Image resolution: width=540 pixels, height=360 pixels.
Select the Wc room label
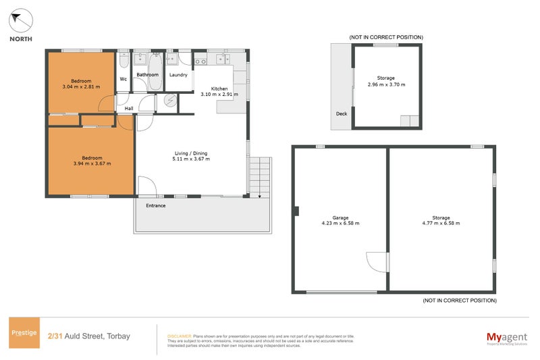124,79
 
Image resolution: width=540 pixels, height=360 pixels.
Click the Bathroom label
147,75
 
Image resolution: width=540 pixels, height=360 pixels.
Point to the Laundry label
178,75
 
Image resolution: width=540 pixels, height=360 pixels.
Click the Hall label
128,107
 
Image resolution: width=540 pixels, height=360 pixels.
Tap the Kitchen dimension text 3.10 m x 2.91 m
219,95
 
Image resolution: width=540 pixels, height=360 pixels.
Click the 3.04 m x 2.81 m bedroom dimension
81,87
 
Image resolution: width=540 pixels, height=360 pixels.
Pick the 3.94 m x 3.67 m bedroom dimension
92,163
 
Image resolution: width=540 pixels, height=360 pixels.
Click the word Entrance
155,205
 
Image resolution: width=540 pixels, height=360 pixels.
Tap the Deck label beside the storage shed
342,113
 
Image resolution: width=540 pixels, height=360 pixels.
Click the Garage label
340,217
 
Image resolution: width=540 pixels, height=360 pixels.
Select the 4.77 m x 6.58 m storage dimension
441,224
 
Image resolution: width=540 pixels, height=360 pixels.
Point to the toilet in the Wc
124,62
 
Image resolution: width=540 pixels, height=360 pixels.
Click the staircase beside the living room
259,176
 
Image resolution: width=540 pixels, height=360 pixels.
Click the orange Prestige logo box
23,332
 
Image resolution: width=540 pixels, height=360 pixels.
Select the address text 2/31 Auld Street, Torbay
89,336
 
